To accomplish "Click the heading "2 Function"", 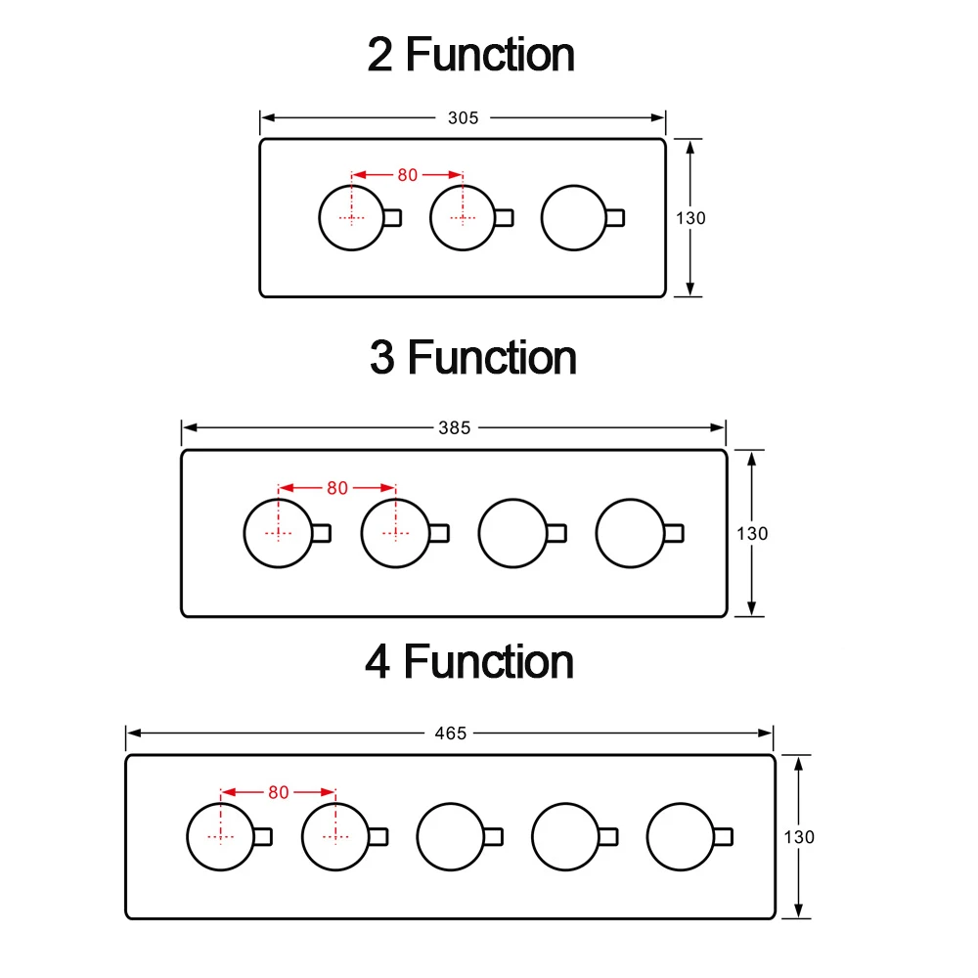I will pyautogui.click(x=470, y=55).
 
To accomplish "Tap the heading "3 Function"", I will pyautogui.click(x=472, y=358).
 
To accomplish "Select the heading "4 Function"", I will pyautogui.click(x=468, y=662).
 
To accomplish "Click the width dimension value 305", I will pyautogui.click(x=463, y=117).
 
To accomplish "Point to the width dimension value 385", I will pyautogui.click(x=454, y=427).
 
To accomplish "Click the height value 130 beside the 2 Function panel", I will pyautogui.click(x=690, y=218).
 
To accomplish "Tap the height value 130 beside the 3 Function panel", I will pyautogui.click(x=752, y=534).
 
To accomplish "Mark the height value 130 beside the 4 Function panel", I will pyautogui.click(x=799, y=836).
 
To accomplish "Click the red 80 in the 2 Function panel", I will pyautogui.click(x=407, y=175).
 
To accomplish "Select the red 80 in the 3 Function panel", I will pyautogui.click(x=337, y=488).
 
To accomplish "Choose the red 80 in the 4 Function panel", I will pyautogui.click(x=279, y=792).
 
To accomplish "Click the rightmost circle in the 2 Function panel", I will pyautogui.click(x=574, y=217).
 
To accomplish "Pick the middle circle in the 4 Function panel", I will pyautogui.click(x=451, y=836).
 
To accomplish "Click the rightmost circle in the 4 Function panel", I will pyautogui.click(x=681, y=836).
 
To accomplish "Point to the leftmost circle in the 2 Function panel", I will pyautogui.click(x=352, y=217).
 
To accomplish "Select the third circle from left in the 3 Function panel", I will pyautogui.click(x=512, y=533).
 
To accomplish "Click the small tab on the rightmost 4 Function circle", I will pyautogui.click(x=724, y=836).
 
